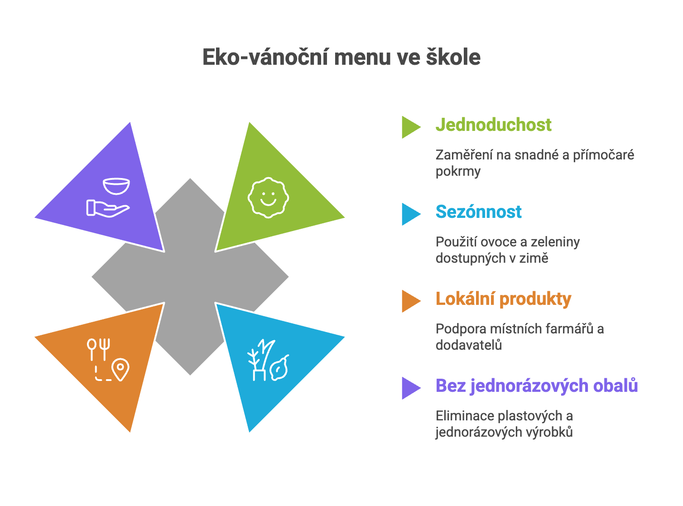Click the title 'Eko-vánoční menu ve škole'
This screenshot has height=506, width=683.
[x=341, y=58]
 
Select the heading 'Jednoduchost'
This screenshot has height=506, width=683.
[x=493, y=125]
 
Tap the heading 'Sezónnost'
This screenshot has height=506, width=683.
[x=478, y=212]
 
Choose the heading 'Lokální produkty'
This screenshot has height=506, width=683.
[x=503, y=299]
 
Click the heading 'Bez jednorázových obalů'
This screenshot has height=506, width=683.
[x=537, y=386]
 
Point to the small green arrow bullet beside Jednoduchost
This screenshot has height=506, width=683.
[x=410, y=127]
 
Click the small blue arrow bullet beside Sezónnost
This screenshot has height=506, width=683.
[x=410, y=214]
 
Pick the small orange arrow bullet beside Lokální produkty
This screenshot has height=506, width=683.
[x=410, y=301]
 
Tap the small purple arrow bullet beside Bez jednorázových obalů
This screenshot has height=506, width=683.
[x=410, y=388]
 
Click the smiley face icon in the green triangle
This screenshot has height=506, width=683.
[x=268, y=198]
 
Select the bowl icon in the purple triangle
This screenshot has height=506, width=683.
[x=116, y=186]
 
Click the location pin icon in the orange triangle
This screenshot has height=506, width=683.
[x=120, y=369]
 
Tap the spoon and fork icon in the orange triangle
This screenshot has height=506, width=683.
[x=99, y=349]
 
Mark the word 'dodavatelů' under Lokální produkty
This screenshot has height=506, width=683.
[x=468, y=345]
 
